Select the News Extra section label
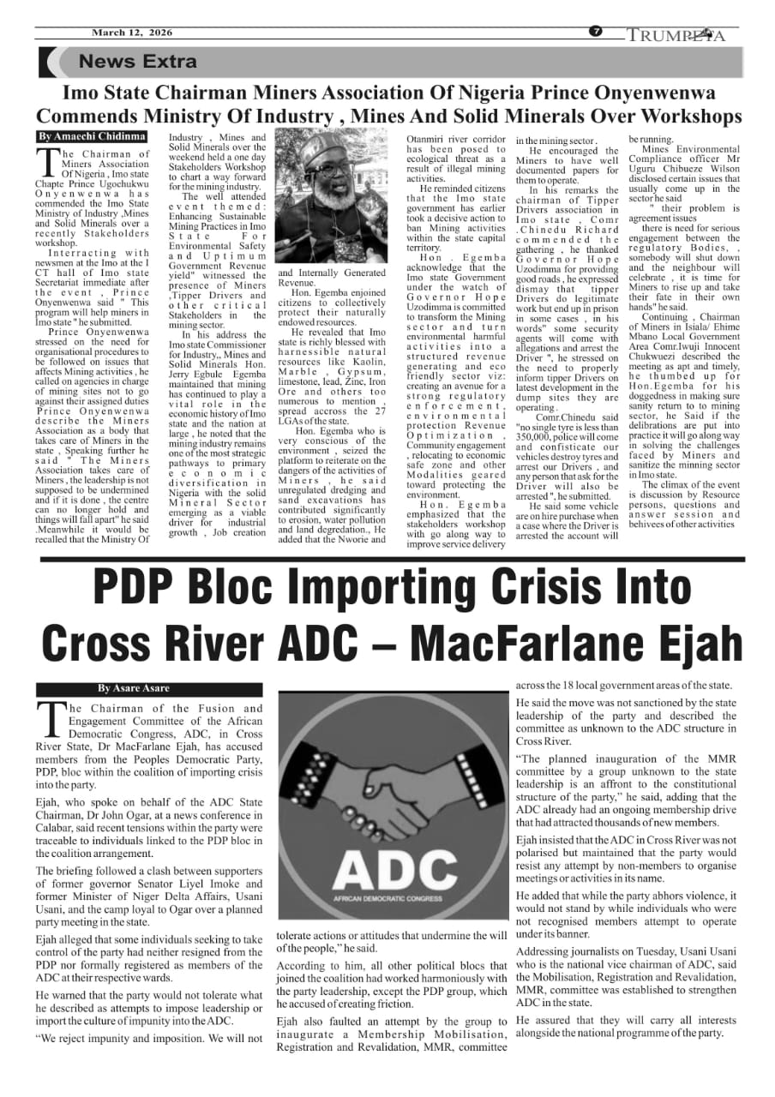[x=137, y=62]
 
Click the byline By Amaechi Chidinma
[x=92, y=137]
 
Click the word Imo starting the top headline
[x=84, y=92]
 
